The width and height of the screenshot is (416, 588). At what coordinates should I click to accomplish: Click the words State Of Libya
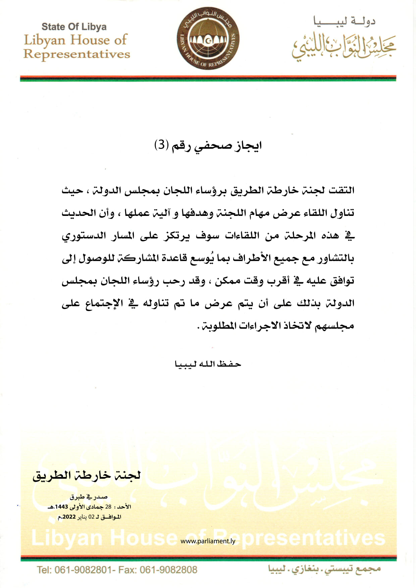click(x=74, y=27)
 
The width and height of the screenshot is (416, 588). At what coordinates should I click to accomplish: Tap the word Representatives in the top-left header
click(x=76, y=54)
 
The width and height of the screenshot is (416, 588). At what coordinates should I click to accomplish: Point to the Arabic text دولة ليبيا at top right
click(x=344, y=22)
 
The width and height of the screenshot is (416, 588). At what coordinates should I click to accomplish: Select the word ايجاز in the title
click(x=248, y=145)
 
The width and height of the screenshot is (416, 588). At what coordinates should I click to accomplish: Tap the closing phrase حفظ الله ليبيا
click(x=208, y=364)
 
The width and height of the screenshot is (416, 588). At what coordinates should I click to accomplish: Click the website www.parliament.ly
click(x=208, y=541)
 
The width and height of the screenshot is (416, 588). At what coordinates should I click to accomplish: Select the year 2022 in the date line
click(x=69, y=517)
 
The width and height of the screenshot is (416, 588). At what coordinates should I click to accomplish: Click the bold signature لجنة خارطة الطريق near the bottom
click(x=87, y=475)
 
